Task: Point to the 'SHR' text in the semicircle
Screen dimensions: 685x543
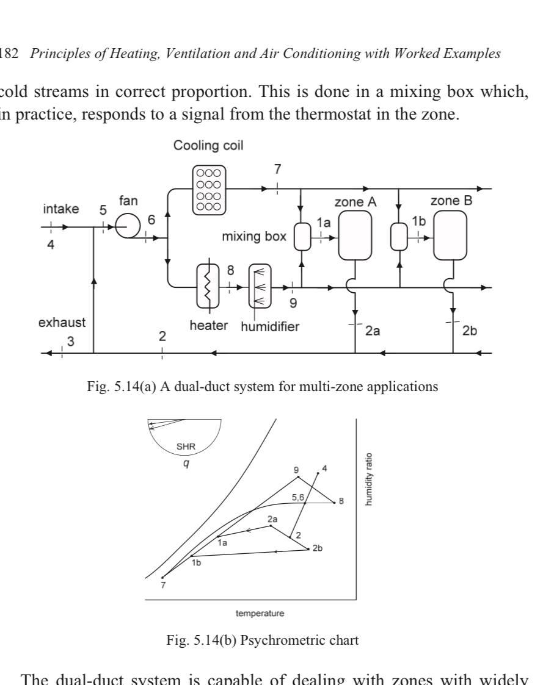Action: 184,446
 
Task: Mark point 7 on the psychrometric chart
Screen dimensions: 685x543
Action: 162,577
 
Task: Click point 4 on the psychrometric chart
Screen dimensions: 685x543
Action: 318,473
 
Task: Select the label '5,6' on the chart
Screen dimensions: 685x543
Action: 299,498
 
